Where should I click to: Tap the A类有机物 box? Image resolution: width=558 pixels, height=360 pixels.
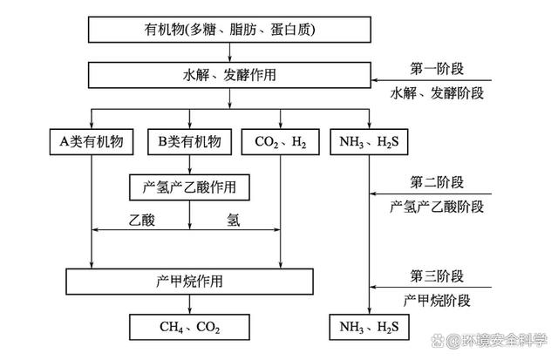coord(92,141)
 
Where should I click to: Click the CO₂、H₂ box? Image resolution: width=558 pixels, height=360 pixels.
coord(280,141)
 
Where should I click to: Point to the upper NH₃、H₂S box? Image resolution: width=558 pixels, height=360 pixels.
coord(371,141)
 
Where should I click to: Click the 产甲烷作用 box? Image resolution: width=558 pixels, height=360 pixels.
coord(189,281)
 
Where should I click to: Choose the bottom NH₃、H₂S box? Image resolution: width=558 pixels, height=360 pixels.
coord(371,328)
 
